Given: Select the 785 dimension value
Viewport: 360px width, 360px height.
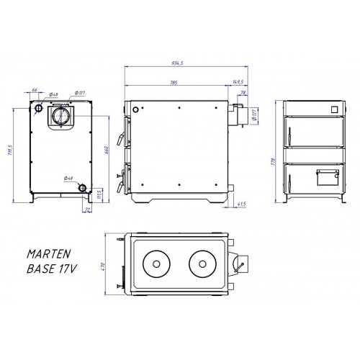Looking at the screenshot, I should tap(173, 83).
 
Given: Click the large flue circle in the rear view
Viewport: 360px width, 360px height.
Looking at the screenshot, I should tap(59, 114).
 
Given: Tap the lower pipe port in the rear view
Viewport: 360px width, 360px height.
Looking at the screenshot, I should tap(84, 189).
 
